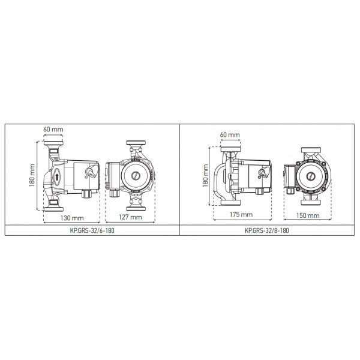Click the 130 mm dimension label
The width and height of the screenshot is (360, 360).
[x=72, y=218]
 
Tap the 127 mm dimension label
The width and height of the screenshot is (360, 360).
[x=130, y=217]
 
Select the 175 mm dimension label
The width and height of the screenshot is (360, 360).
[x=241, y=214]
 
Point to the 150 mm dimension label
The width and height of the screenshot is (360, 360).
[x=308, y=215]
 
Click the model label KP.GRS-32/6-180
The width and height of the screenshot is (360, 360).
[x=92, y=230]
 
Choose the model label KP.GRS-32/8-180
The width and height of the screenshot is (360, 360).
[x=267, y=230]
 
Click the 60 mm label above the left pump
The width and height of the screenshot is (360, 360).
[x=53, y=129]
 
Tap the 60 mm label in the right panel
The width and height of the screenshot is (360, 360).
[x=230, y=134]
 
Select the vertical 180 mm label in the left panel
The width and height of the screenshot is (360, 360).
[x=32, y=176]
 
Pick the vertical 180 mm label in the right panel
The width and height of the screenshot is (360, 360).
[x=205, y=176]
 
